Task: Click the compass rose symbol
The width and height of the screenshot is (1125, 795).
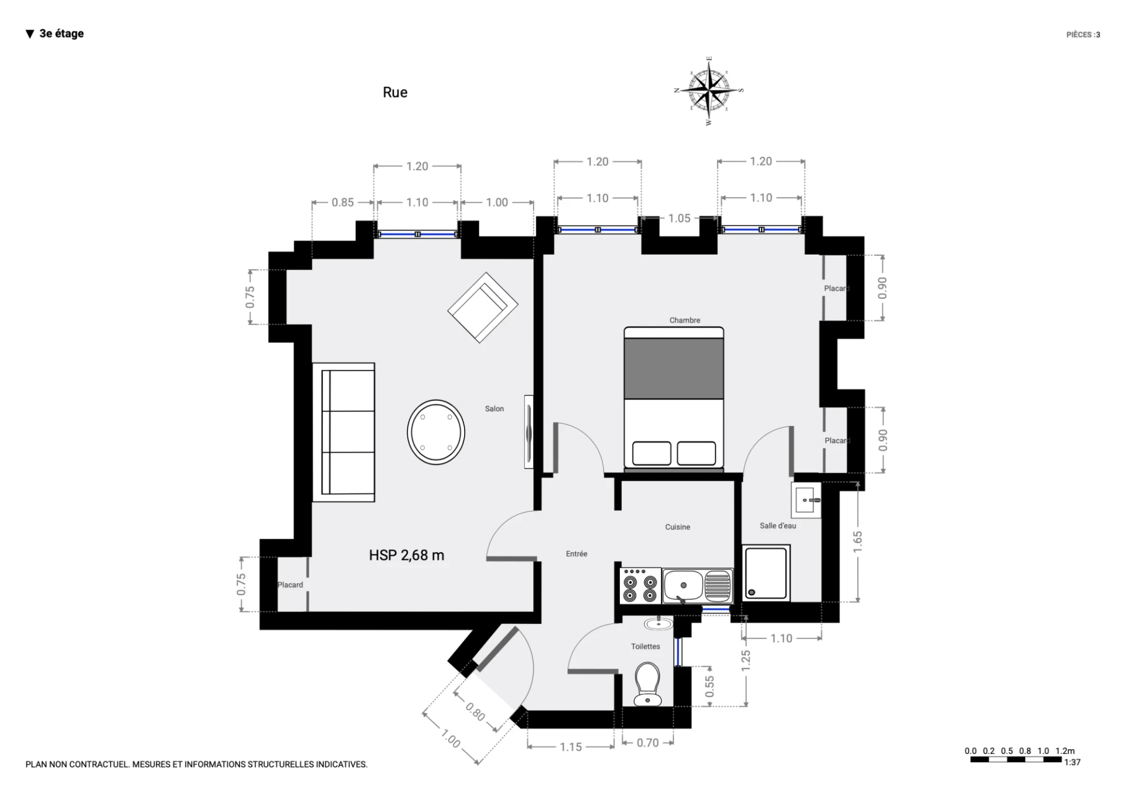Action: pos(709,91)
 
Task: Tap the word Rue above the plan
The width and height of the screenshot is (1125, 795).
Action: pos(395,92)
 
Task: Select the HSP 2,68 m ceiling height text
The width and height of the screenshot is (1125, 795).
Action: pos(407,555)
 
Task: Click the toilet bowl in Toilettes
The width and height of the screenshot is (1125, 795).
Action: pos(647,684)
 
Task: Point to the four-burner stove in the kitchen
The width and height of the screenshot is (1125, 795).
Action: pos(640,586)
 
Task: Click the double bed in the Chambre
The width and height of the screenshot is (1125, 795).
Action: pos(674,398)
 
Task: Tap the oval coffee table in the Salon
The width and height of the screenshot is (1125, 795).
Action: pos(436,432)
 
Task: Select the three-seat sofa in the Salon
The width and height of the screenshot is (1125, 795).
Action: pos(343,432)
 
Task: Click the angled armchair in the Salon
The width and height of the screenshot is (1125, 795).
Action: pos(483,307)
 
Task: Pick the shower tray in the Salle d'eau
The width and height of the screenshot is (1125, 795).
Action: pos(766,573)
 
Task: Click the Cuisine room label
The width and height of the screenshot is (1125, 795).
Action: pos(677,527)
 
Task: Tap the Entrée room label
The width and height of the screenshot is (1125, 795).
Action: pos(577,553)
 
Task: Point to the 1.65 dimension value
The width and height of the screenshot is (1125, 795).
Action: pos(858,542)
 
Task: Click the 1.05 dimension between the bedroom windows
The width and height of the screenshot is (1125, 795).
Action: pos(679,219)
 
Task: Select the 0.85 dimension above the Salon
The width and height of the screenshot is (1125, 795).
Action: pos(343,202)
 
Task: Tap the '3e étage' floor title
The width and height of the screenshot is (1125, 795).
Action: pos(55,33)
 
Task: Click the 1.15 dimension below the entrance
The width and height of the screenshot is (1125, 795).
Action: pos(571,747)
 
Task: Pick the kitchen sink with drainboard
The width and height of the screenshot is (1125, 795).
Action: pos(697,586)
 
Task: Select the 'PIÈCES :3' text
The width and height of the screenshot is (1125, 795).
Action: pos(1083,35)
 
